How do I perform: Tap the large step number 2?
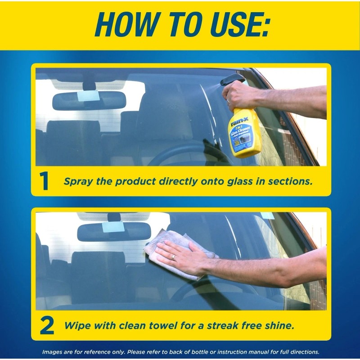pos(46,326)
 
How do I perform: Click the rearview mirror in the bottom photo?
pos(114,231)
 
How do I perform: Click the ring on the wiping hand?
pos(173,257)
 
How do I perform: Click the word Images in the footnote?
pos(52,352)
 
